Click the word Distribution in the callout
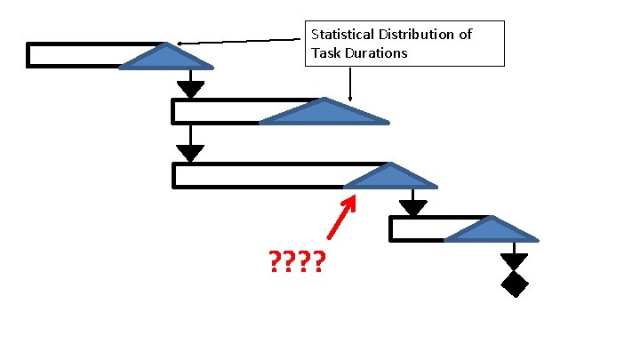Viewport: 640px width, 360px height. click(414, 35)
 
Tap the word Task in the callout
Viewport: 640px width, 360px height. click(325, 52)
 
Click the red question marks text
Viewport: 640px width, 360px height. click(296, 262)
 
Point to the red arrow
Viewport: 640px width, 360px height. click(341, 218)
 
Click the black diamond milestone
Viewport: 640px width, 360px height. click(515, 284)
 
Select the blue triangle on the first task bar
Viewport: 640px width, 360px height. click(166, 58)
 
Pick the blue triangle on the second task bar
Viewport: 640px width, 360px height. click(324, 113)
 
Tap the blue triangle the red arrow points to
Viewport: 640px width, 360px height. click(391, 178)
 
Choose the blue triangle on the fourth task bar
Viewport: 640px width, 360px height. click(492, 231)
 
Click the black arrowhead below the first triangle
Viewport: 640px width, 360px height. click(190, 89)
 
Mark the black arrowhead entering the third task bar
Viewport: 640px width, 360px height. click(190, 153)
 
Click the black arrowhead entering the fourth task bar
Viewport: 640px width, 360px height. click(412, 208)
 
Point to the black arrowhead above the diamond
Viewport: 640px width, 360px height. click(514, 262)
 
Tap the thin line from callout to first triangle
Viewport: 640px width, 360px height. click(240, 41)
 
